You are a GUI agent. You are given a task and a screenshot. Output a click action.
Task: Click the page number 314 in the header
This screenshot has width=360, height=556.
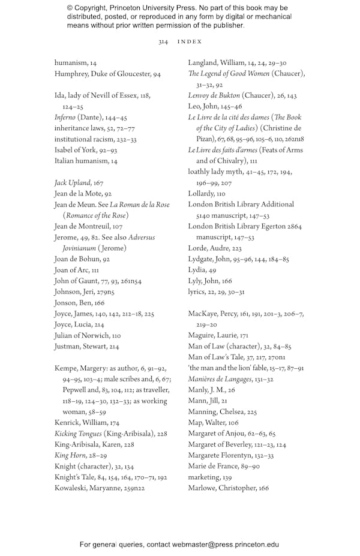pos(163,42)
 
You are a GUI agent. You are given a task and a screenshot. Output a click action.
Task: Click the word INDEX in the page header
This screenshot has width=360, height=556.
pos(190,42)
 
